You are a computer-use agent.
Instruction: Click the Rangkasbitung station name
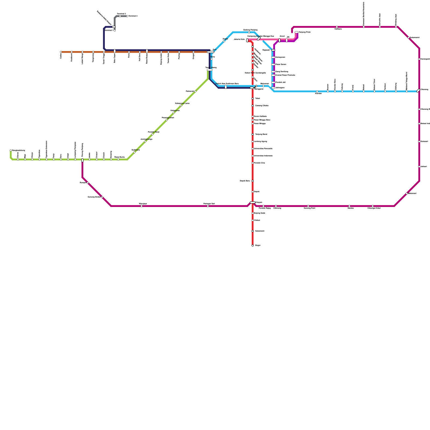click(x=19, y=150)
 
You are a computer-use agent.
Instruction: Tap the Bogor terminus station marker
click(x=253, y=245)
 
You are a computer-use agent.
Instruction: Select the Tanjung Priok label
click(x=305, y=32)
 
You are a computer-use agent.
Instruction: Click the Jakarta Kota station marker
click(x=247, y=40)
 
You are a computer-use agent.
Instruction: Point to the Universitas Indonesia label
click(x=263, y=156)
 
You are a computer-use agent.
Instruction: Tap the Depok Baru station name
click(x=245, y=181)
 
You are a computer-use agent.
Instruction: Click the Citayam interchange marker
click(x=253, y=202)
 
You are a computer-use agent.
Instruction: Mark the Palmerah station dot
click(x=195, y=91)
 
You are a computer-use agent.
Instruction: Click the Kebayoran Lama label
click(x=182, y=103)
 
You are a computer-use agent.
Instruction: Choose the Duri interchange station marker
click(x=210, y=52)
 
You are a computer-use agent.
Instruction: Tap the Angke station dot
click(x=224, y=41)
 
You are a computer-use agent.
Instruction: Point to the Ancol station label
click(x=282, y=36)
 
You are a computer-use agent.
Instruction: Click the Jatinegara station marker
click(x=273, y=88)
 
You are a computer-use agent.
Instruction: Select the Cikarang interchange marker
click(x=418, y=91)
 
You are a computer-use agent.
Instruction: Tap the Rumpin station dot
click(x=88, y=183)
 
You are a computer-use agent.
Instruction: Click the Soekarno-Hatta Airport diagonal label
click(x=104, y=18)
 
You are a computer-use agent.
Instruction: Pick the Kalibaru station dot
click(x=337, y=27)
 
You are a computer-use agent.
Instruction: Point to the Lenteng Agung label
click(x=260, y=141)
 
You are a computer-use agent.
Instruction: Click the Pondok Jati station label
click(x=280, y=82)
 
